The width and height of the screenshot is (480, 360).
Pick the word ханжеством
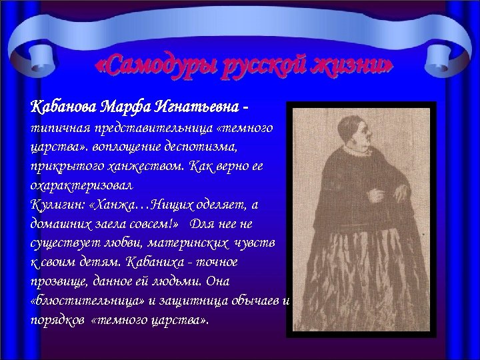(146, 164)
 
